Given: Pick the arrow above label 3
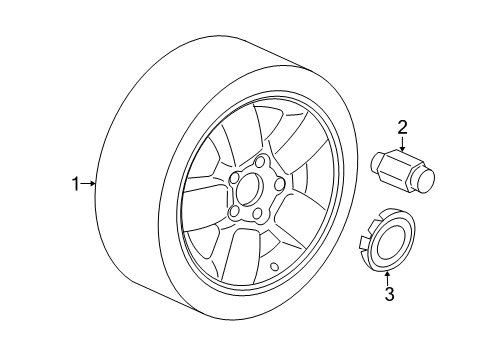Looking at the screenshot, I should click(x=390, y=273).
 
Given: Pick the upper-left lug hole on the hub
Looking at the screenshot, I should click(x=231, y=181).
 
